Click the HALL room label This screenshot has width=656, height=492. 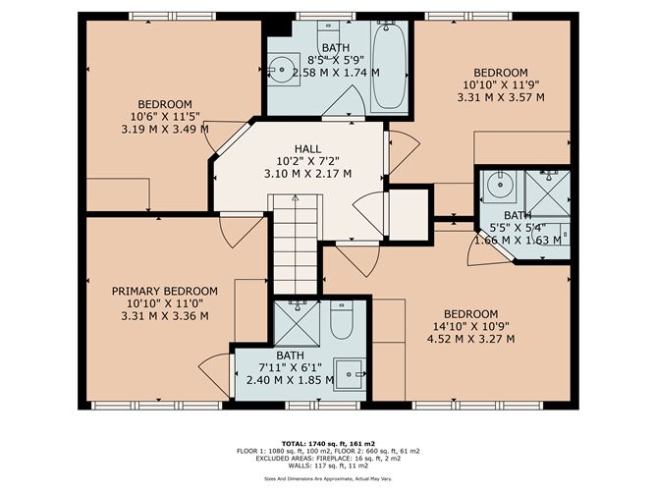(307, 149)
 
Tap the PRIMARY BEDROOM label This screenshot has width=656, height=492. (165, 292)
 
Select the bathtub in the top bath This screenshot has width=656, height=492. (389, 66)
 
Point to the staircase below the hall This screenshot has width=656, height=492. (296, 244)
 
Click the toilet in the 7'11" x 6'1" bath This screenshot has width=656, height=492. (342, 320)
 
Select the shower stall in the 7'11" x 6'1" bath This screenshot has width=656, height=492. (297, 323)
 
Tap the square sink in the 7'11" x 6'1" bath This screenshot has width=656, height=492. (349, 375)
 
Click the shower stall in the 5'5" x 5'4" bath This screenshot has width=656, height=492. (548, 193)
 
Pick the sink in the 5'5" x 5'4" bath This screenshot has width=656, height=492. (501, 185)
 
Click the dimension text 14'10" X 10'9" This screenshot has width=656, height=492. (470, 326)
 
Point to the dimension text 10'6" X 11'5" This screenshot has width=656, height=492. (165, 116)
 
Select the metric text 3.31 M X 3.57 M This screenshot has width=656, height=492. (501, 97)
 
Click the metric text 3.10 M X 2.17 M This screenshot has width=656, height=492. (307, 174)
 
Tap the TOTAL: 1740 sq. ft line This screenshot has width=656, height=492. (328, 444)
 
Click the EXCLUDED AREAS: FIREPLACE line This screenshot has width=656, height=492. (328, 459)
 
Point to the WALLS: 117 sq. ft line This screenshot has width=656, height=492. (328, 465)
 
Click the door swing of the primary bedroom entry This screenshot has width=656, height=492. (243, 232)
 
